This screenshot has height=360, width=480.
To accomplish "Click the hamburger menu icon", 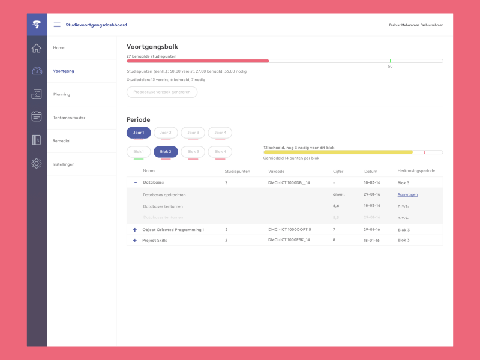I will (57, 25).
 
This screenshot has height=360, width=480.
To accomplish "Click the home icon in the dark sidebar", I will (37, 48).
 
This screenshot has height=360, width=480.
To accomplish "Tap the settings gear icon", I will (37, 163).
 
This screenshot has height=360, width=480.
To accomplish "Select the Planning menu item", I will (61, 94).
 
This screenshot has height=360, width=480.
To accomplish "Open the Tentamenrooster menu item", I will (69, 118).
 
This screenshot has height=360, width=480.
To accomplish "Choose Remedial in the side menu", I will (62, 140).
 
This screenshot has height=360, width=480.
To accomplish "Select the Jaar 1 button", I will (139, 133).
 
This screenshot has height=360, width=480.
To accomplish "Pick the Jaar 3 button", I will (193, 133).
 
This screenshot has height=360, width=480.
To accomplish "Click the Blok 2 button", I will (166, 152).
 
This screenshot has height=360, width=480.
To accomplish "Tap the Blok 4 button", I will (220, 152).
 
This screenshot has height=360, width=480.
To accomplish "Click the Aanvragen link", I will (407, 194).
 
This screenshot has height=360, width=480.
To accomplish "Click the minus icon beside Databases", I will (135, 182).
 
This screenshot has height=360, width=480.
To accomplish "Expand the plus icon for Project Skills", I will (135, 240).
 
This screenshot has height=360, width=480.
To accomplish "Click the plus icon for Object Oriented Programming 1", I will (135, 230).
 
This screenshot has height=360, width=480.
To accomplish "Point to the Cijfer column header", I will (338, 171).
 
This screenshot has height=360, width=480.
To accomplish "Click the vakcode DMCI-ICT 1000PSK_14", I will (289, 240).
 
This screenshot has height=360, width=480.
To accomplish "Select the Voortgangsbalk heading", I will (152, 46).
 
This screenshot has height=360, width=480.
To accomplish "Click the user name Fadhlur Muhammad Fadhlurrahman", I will (416, 25).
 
